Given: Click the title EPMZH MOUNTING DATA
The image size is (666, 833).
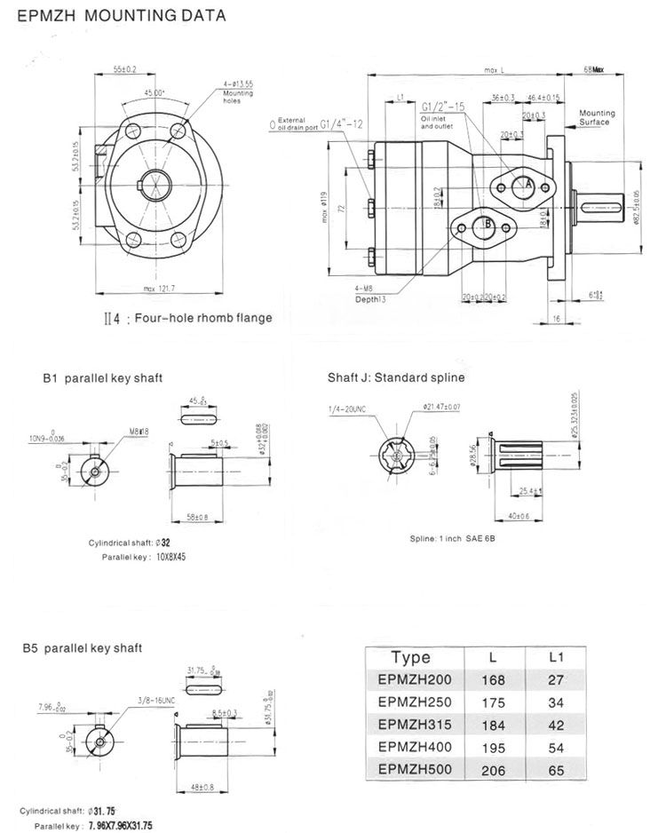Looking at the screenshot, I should click(x=118, y=15).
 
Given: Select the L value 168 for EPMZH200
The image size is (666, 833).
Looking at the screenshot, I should click(x=494, y=680).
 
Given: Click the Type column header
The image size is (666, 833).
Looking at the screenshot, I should click(x=410, y=657).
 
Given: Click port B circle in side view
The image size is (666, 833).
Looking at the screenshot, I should click(x=488, y=226).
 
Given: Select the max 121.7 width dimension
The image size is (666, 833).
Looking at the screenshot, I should click(x=160, y=288).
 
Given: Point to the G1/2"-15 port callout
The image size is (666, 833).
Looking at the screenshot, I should click(x=444, y=106).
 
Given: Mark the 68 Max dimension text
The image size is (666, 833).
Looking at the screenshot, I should click(x=593, y=68).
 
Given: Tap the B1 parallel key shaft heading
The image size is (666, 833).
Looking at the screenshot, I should click(x=102, y=377).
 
